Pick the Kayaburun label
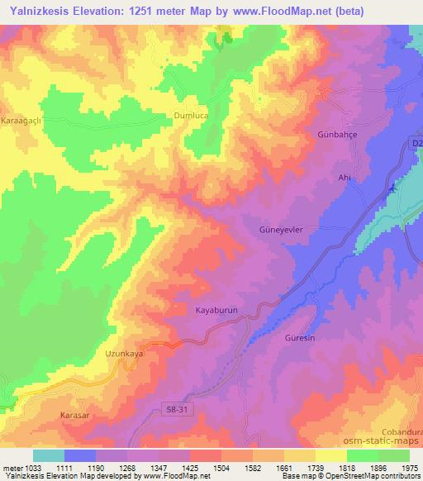tap(216, 310)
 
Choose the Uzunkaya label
tap(125, 354)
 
